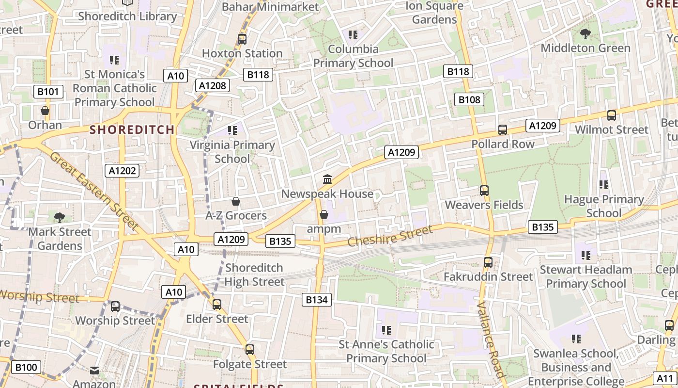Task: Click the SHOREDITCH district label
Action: tap(132, 129)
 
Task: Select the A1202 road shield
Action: tap(123, 171)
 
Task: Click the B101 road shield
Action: tap(48, 92)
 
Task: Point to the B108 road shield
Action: tap(469, 100)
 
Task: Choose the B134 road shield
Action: tap(317, 300)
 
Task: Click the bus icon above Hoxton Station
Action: tap(242, 39)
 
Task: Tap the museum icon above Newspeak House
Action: tap(327, 179)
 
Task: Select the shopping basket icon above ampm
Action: tap(324, 214)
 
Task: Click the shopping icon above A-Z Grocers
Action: tap(236, 201)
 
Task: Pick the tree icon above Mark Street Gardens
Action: tap(60, 218)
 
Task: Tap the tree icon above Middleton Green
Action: tap(585, 34)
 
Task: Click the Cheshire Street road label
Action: tap(390, 236)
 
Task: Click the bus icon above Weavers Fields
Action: tap(484, 191)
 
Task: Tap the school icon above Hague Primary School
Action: tap(603, 185)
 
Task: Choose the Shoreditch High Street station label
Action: tap(254, 275)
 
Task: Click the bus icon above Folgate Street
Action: tap(250, 350)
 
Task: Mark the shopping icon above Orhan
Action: tap(45, 111)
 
